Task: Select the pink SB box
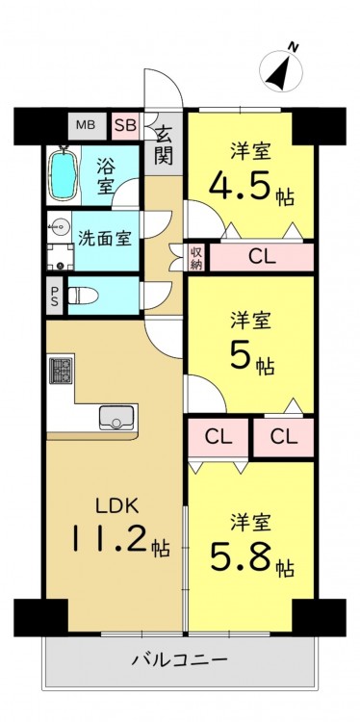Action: pyautogui.click(x=125, y=126)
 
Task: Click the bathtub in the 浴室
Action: pyautogui.click(x=63, y=174)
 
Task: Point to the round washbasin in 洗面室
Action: pyautogui.click(x=59, y=226)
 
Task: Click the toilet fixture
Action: pyautogui.click(x=83, y=296)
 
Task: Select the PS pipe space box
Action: pyautogui.click(x=54, y=296)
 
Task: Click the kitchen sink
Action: pyautogui.click(x=118, y=418)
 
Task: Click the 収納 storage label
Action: pyautogui.click(x=196, y=256)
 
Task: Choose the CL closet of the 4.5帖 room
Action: pyautogui.click(x=262, y=257)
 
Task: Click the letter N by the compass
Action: pyautogui.click(x=294, y=47)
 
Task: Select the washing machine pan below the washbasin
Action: pyautogui.click(x=61, y=256)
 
